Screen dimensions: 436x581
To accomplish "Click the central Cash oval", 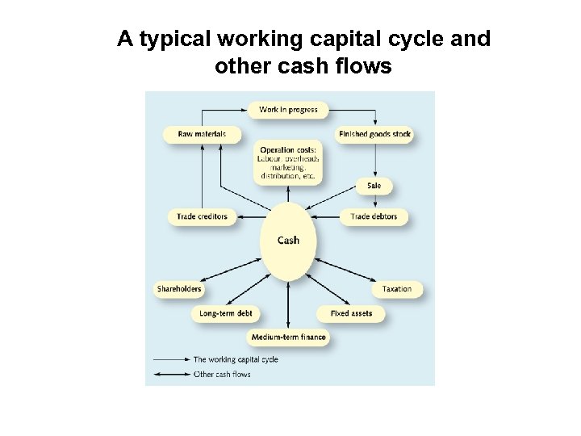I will click(x=288, y=240).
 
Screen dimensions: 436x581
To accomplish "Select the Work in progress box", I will click(x=288, y=109).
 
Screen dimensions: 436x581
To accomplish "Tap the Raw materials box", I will click(x=202, y=133).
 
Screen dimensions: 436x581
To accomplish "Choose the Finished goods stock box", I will click(x=374, y=133).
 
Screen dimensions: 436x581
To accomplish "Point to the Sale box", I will click(x=374, y=186).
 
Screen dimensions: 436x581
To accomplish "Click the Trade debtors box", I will click(x=374, y=216).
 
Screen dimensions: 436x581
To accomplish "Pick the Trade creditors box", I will click(x=203, y=216).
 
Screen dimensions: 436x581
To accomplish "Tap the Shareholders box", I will click(x=179, y=288).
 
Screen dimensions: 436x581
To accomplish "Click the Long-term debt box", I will click(x=225, y=312).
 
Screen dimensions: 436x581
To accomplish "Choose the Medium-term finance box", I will click(x=289, y=337).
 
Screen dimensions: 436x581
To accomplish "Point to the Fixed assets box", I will click(x=351, y=312).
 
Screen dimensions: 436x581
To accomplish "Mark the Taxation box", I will click(x=396, y=288).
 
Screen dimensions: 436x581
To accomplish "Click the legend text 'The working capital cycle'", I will click(x=235, y=359).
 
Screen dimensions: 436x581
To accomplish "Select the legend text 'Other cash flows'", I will click(x=222, y=374).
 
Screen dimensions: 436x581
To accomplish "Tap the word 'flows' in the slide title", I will click(x=365, y=66).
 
